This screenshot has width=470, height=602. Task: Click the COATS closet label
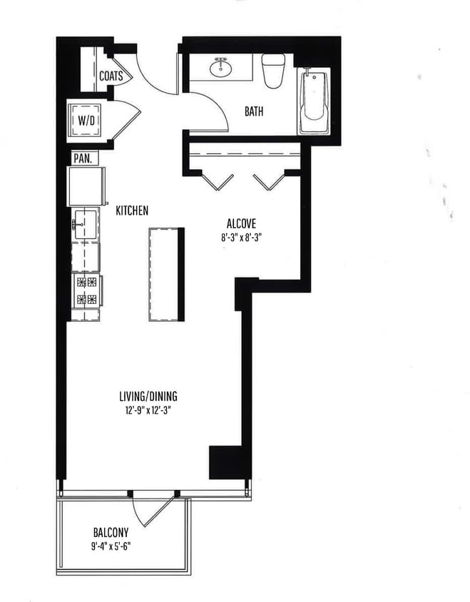pyautogui.click(x=111, y=75)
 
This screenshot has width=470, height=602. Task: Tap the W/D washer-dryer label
pyautogui.click(x=86, y=121)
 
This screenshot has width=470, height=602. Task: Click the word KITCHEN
pyautogui.click(x=132, y=210)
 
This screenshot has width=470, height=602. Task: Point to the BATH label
pyautogui.click(x=254, y=111)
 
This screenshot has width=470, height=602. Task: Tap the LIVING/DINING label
pyautogui.click(x=148, y=397)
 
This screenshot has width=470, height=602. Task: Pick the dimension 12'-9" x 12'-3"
pyautogui.click(x=148, y=411)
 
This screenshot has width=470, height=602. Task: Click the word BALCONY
pyautogui.click(x=111, y=532)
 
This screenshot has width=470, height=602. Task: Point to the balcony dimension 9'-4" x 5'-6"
pyautogui.click(x=111, y=547)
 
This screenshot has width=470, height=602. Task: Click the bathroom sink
pyautogui.click(x=222, y=68)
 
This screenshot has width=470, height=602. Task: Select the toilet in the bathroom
pyautogui.click(x=272, y=70)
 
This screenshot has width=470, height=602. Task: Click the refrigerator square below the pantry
pyautogui.click(x=86, y=187)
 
